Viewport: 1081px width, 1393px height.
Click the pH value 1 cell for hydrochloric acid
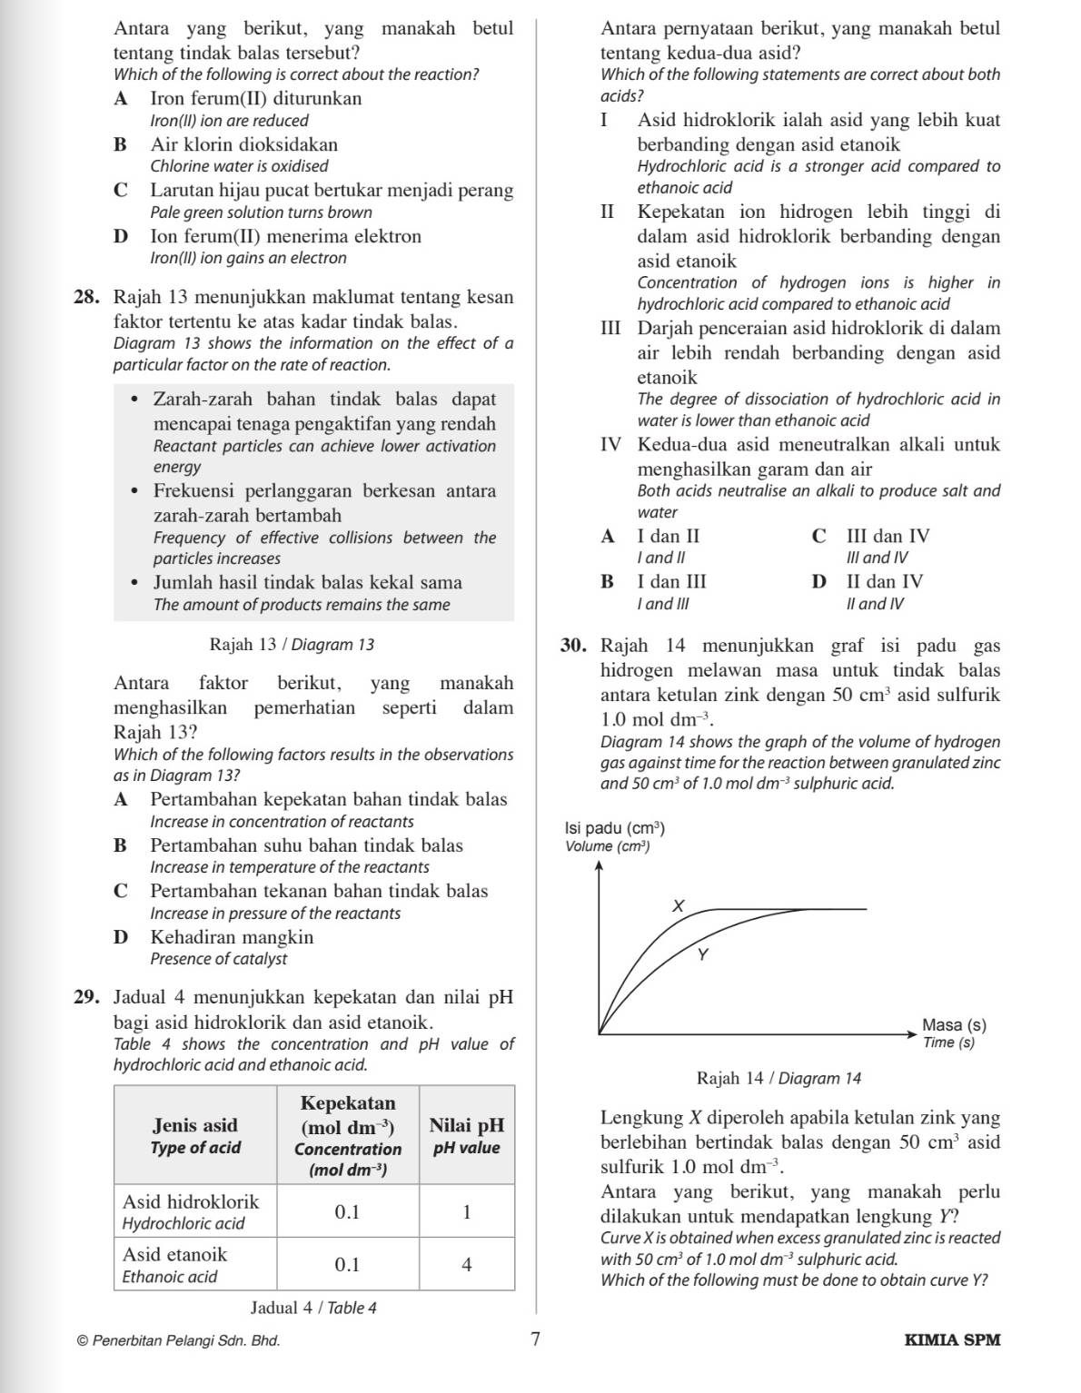pyautogui.click(x=467, y=1211)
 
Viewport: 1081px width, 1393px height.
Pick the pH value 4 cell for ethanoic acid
pyautogui.click(x=467, y=1264)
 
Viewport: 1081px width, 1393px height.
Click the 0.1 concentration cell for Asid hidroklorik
pyautogui.click(x=348, y=1211)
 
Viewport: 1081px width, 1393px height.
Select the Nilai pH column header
pyautogui.click(x=467, y=1135)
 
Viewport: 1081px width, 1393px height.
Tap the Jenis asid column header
pyautogui.click(x=196, y=1135)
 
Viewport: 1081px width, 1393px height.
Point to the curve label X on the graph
pyautogui.click(x=677, y=905)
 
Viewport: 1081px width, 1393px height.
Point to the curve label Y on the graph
pyautogui.click(x=701, y=954)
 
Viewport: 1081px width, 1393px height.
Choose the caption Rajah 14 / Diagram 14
pyautogui.click(x=779, y=1078)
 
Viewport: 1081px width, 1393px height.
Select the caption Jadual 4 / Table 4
pyautogui.click(x=313, y=1308)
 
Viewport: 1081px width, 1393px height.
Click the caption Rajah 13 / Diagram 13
pyautogui.click(x=292, y=645)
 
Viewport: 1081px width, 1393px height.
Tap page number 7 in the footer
pyautogui.click(x=535, y=1339)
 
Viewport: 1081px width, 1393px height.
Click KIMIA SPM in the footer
pyautogui.click(x=952, y=1339)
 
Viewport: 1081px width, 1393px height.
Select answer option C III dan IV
pyautogui.click(x=872, y=537)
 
